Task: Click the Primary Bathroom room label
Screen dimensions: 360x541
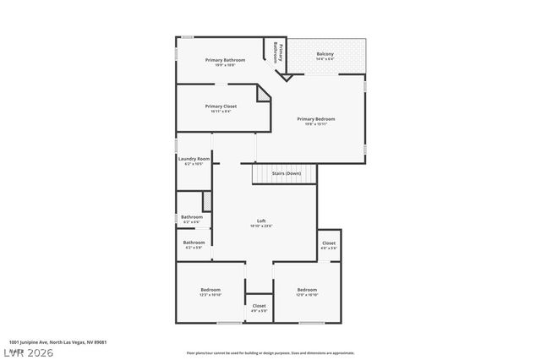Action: (x=225, y=60)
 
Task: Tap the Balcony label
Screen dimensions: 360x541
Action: (x=325, y=54)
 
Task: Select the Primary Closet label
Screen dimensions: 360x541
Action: (x=220, y=106)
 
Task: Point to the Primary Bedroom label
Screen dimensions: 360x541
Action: (x=315, y=119)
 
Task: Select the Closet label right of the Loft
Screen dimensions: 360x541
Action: (x=329, y=243)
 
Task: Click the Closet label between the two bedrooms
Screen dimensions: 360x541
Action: (x=259, y=306)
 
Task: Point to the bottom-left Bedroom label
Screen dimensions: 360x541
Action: (x=210, y=290)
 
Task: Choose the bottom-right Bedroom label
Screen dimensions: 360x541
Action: (x=307, y=290)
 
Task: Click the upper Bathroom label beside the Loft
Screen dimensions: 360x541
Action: (x=192, y=217)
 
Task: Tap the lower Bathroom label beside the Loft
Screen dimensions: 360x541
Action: (x=194, y=243)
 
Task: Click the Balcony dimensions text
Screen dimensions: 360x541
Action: (x=325, y=59)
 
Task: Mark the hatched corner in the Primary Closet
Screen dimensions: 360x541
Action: (x=265, y=98)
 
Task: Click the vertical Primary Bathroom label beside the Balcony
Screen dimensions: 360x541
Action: (x=276, y=52)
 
